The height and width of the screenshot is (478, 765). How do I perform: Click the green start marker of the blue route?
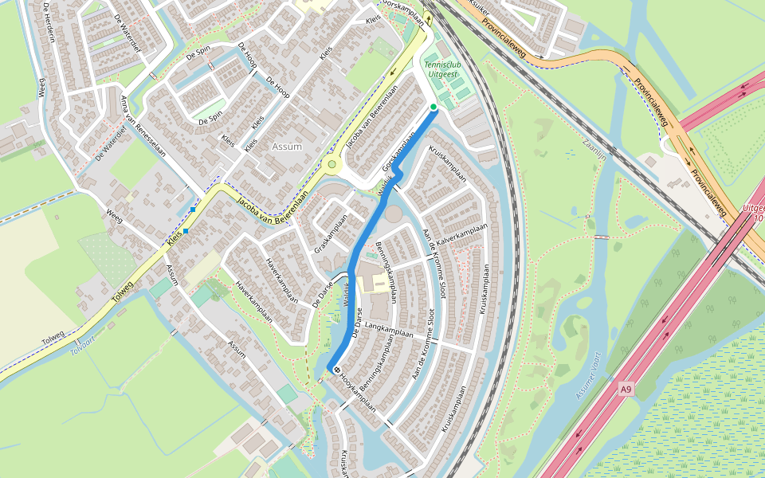pos(433,107)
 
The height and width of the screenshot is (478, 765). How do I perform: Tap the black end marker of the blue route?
pos(337,370)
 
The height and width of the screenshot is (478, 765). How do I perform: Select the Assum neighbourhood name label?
pos(287,147)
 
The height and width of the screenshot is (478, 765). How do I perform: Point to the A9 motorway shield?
pos(626,389)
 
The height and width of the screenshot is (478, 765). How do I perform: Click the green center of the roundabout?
pos(331,165)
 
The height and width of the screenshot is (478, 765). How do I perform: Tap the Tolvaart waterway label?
pos(83,348)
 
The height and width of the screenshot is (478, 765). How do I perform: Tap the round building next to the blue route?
pos(394,214)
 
